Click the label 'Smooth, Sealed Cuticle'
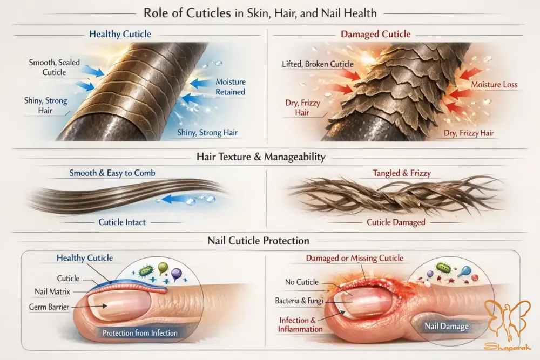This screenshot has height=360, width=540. coord(54,67)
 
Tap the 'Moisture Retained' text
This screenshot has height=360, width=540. coord(231,87)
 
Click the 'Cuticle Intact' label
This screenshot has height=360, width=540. coord(123,222)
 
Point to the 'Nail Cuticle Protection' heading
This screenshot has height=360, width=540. coord(258,241)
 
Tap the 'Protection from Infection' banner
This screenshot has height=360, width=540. coord(140,333)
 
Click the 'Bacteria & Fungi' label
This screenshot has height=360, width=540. coord(299,301)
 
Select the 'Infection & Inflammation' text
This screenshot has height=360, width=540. coord(301,324)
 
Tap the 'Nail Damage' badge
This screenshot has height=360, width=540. coord(446,327)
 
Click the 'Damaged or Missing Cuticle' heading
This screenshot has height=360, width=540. coord(354,258)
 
